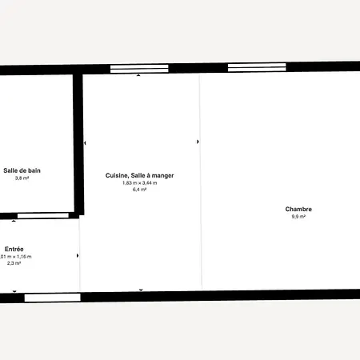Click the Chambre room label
(298, 209)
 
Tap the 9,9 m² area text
(298, 217)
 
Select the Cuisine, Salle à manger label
(139, 175)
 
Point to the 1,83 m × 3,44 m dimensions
(140, 183)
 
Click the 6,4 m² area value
(139, 190)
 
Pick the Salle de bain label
(22, 170)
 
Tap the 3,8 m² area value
(22, 178)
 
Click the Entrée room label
(14, 249)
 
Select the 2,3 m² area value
(14, 263)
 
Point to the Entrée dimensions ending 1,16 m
(16, 257)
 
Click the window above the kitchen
(139, 69)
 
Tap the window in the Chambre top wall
(257, 67)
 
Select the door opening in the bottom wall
(53, 298)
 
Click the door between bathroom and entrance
(43, 215)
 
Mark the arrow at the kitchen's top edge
(138, 75)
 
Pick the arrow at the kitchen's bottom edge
(141, 290)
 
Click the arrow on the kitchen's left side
(85, 143)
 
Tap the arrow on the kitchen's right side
(198, 142)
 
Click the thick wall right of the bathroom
(78, 144)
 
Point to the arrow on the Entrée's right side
(78, 256)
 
